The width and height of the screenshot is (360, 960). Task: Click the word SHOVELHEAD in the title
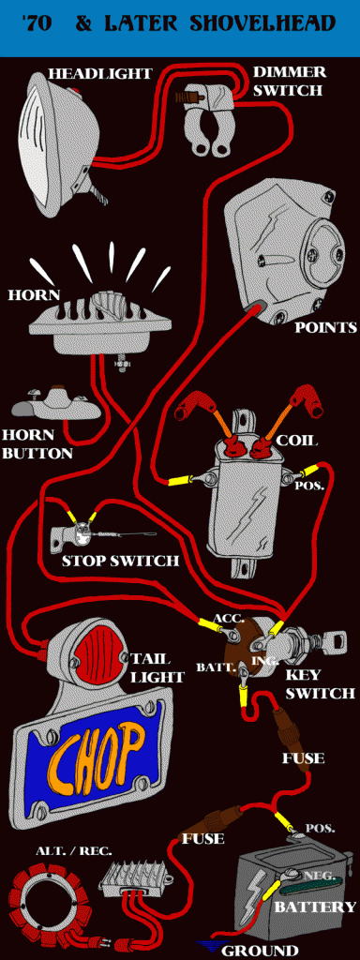pos(262,23)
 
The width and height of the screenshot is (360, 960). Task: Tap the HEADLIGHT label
pos(99,74)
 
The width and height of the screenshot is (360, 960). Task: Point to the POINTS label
pos(325,327)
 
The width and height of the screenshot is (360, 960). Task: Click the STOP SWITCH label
pos(120,561)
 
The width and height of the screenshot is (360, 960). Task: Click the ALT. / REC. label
pos(66,850)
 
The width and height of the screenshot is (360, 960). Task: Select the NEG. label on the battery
pos(322,877)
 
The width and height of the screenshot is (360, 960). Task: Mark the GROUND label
pos(260,952)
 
